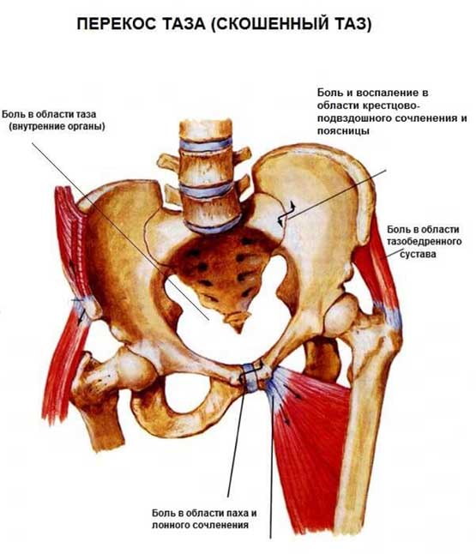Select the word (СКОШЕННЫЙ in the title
coord(268,25)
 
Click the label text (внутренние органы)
coord(57,126)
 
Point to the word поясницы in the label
coord(343,130)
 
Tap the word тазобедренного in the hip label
coord(424,241)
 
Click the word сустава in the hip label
coord(418,254)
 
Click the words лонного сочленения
coord(200,525)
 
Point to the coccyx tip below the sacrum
coord(238,327)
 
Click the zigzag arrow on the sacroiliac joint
coord(286,214)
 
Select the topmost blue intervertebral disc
coord(205,145)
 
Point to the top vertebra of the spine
coord(205,129)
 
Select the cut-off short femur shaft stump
coord(103,420)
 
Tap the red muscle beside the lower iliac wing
coord(69,247)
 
